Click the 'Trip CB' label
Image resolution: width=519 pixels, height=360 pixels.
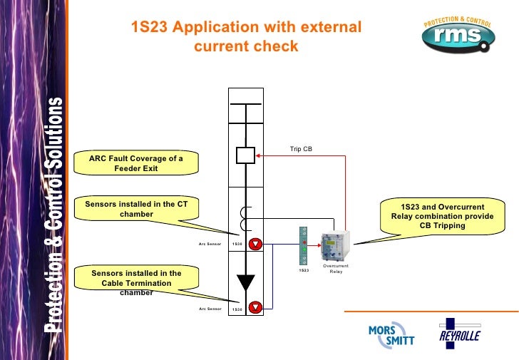pyautogui.click(x=301, y=149)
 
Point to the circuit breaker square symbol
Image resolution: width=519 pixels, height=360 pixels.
pyautogui.click(x=245, y=155)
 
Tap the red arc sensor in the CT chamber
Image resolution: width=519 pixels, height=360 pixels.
pyautogui.click(x=256, y=244)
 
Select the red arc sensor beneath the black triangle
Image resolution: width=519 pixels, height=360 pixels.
pyautogui.click(x=256, y=308)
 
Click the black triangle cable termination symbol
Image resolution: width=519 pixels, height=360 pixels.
pyautogui.click(x=246, y=282)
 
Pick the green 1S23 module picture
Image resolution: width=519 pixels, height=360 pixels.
pyautogui.click(x=304, y=245)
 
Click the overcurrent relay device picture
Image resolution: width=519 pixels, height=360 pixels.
pyautogui.click(x=334, y=247)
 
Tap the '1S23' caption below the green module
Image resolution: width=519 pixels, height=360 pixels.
pyautogui.click(x=304, y=270)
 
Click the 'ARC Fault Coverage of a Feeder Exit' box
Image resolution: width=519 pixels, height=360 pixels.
pyautogui.click(x=136, y=163)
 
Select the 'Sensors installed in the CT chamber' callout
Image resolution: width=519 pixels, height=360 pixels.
pyautogui.click(x=136, y=209)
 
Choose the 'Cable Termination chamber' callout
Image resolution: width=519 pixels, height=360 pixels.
pyautogui.click(x=136, y=282)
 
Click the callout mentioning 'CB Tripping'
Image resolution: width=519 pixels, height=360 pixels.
pyautogui.click(x=441, y=216)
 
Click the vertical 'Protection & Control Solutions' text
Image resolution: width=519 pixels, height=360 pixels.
pyautogui.click(x=58, y=214)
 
